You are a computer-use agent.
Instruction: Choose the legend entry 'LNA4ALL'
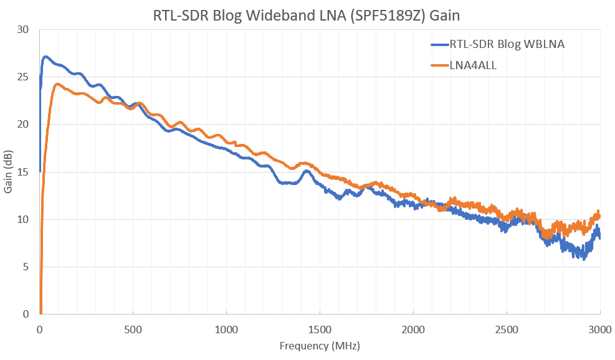pyautogui.click(x=473, y=64)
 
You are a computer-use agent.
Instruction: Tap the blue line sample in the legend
pyautogui.click(x=439, y=44)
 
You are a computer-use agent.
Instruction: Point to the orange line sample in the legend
pyautogui.click(x=439, y=64)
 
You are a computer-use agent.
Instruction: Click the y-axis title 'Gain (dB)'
pyautogui.click(x=9, y=172)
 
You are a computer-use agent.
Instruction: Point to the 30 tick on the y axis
pyautogui.click(x=24, y=29)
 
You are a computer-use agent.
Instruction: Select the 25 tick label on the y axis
pyautogui.click(x=24, y=77)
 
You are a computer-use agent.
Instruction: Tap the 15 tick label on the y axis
pyautogui.click(x=24, y=172)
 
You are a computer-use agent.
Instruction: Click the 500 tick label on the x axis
pyautogui.click(x=133, y=329)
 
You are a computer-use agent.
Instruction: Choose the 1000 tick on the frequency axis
pyautogui.click(x=227, y=329)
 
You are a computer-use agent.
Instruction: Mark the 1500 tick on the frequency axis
pyautogui.click(x=320, y=329)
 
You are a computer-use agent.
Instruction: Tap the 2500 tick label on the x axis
pyautogui.click(x=507, y=329)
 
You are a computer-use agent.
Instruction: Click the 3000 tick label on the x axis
pyautogui.click(x=600, y=329)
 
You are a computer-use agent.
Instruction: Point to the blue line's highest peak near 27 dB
pyautogui.click(x=45, y=57)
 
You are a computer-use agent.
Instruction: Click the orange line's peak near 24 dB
pyautogui.click(x=57, y=84)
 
